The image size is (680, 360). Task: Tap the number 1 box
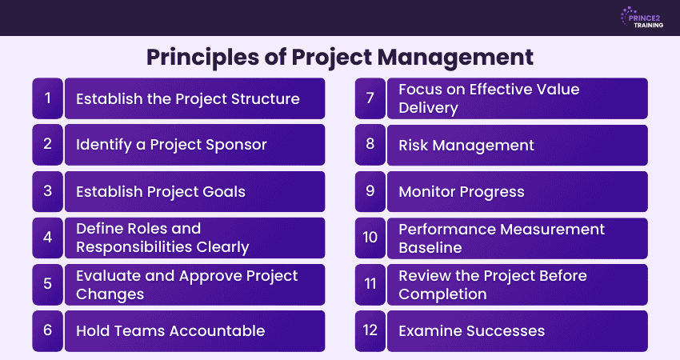[x=47, y=98]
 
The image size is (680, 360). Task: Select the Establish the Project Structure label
[x=187, y=98]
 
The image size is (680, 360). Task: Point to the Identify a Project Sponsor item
[x=171, y=145]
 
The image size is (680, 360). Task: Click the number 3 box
[x=47, y=191]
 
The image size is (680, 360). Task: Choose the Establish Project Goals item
[x=160, y=191]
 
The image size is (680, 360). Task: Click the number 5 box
[x=47, y=285]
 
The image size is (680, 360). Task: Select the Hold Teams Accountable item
[x=170, y=331]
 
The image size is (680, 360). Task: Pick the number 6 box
[x=47, y=331]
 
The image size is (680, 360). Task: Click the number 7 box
[x=370, y=98]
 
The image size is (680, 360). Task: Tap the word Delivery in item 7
[x=428, y=108]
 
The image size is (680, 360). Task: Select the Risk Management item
[x=466, y=145]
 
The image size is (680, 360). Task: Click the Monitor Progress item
[x=461, y=191]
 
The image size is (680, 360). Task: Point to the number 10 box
[x=370, y=238]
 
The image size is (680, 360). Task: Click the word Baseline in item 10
[x=430, y=248]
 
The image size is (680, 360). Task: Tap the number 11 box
[x=370, y=285]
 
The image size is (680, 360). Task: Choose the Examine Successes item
[x=471, y=331]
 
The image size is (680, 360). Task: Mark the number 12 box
[x=370, y=331]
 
